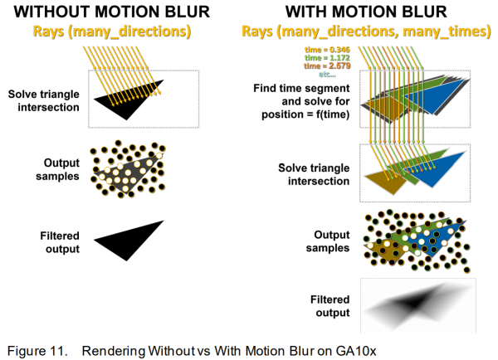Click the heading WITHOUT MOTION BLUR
(x=112, y=12)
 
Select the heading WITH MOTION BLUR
(x=366, y=12)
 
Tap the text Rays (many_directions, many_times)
(x=366, y=32)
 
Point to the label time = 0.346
(x=327, y=50)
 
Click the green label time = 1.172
(x=327, y=58)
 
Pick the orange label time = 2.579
(x=327, y=66)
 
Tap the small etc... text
(x=327, y=75)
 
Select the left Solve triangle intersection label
(x=44, y=100)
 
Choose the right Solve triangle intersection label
(x=314, y=174)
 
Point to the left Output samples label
(x=57, y=169)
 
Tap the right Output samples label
(x=328, y=241)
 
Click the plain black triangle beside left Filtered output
(x=129, y=241)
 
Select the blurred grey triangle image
(x=418, y=306)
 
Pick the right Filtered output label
(x=330, y=306)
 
